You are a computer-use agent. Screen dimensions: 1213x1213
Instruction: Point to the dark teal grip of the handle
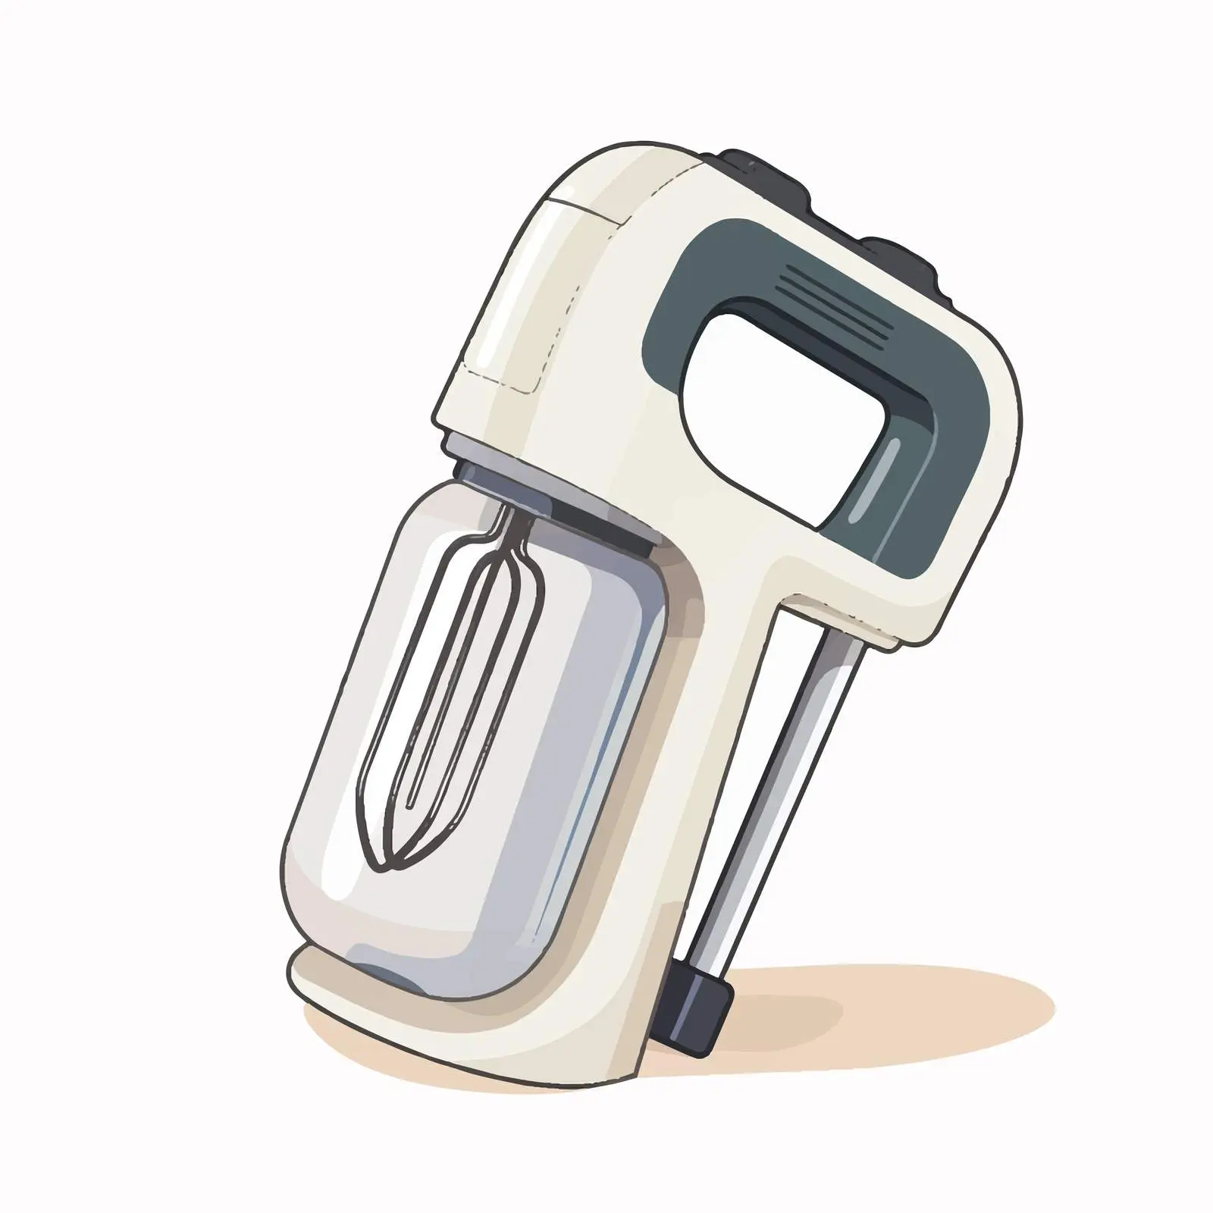pos(948,425)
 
